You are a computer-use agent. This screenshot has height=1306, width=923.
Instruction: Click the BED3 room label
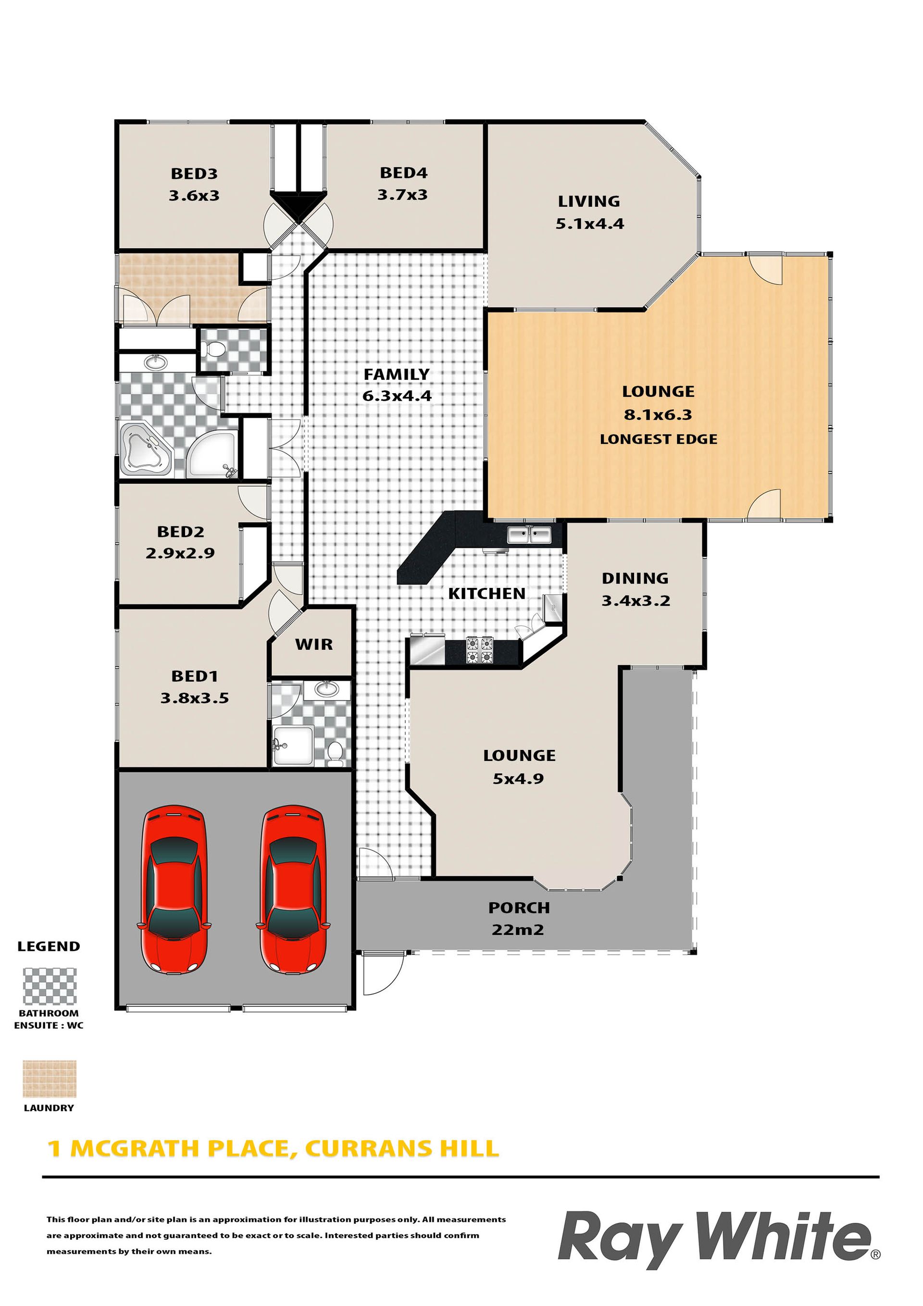(x=194, y=174)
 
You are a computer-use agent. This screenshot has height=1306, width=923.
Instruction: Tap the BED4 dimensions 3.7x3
(x=402, y=195)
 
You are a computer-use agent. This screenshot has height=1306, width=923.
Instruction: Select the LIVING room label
(x=589, y=201)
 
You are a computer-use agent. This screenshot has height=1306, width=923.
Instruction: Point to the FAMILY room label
(x=397, y=374)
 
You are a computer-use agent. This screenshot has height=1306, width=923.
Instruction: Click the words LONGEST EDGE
(x=659, y=439)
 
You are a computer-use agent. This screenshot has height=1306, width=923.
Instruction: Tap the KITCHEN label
(x=486, y=593)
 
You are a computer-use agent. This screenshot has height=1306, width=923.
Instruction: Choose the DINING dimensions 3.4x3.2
(x=636, y=601)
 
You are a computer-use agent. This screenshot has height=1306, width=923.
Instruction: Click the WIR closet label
(x=313, y=645)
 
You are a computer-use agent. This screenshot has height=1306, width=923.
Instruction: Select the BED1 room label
(x=195, y=676)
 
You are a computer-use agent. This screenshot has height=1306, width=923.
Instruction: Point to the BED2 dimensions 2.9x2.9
(x=180, y=553)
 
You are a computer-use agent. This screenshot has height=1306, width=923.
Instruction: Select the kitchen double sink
(x=529, y=535)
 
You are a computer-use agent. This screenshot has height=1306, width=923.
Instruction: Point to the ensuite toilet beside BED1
(x=335, y=753)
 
